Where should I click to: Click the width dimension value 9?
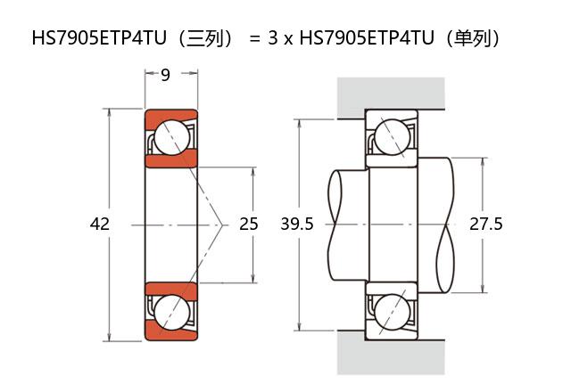165,75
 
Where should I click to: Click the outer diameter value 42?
99,224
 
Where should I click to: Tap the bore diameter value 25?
248,224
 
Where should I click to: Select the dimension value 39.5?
297,224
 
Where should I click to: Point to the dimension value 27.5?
485,224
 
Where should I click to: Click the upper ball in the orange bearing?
172,137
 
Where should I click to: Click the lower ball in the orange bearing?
172,312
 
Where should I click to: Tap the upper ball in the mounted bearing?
392,137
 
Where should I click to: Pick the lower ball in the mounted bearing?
392,312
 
